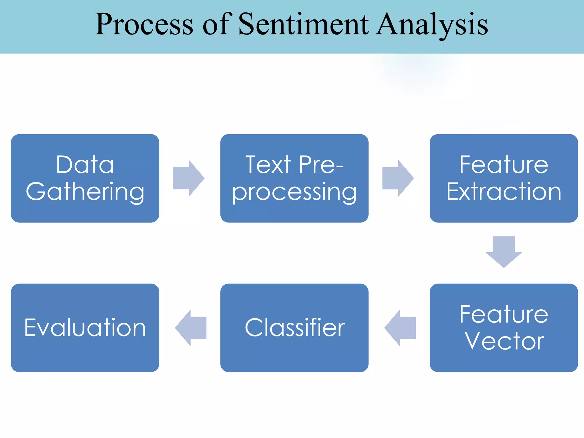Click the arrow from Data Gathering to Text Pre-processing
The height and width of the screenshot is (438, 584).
[x=188, y=178]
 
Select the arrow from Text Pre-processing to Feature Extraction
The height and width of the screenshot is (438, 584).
[x=398, y=178]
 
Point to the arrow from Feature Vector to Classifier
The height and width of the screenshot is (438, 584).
[x=400, y=328]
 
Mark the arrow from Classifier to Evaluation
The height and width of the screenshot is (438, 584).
[x=191, y=328]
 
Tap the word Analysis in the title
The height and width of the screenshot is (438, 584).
[x=432, y=25]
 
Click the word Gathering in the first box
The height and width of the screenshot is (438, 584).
[x=85, y=192]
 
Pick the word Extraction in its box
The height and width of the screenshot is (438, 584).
[x=504, y=192]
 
